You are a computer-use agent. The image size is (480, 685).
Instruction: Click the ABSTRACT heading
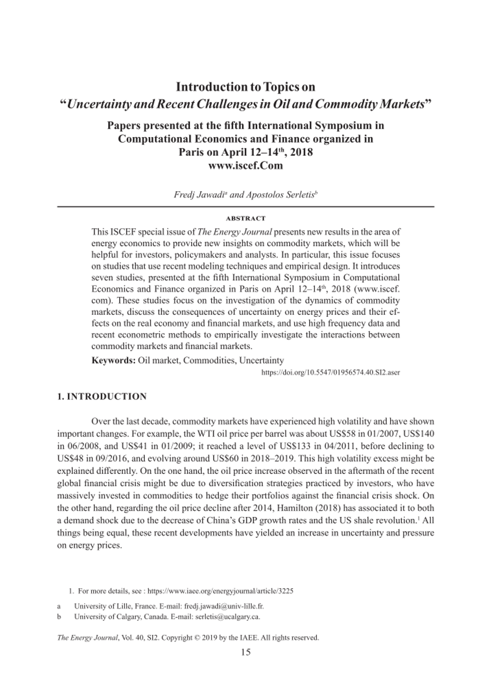[245, 218]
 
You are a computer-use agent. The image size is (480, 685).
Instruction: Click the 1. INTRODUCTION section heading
[102, 396]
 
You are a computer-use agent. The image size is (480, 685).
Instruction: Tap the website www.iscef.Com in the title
[245, 165]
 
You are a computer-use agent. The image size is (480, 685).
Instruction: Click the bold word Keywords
[113, 360]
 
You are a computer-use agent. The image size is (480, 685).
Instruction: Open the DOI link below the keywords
[331, 373]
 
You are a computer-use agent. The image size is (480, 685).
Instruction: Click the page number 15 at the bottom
[245, 652]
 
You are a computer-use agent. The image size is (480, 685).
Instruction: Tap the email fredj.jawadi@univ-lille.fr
[224, 606]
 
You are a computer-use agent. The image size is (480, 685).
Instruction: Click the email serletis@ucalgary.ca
[227, 616]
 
